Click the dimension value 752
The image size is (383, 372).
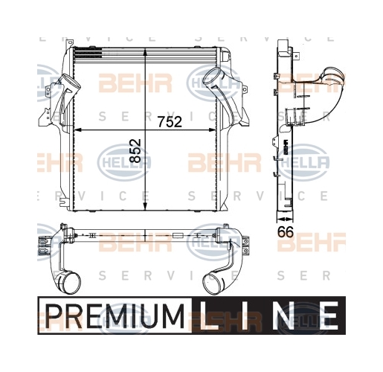click(170, 121)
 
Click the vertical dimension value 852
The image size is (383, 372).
click(135, 151)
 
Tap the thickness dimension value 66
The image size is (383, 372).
click(286, 232)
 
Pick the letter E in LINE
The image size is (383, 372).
click(329, 315)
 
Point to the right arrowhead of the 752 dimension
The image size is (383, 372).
click(213, 129)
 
